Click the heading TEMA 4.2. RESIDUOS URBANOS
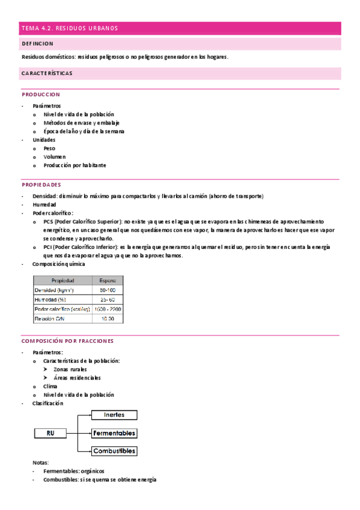(70, 28)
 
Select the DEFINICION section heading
(37, 44)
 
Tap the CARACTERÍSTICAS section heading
(47, 73)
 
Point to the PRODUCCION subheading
(41, 94)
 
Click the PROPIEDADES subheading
(41, 185)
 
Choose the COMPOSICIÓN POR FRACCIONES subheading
(67, 341)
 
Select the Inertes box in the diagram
(114, 415)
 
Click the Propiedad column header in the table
(63, 280)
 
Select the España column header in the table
(108, 280)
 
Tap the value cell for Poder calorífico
(108, 309)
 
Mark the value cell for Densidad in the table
(108, 290)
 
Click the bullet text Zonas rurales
(70, 369)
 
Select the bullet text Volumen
(55, 156)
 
